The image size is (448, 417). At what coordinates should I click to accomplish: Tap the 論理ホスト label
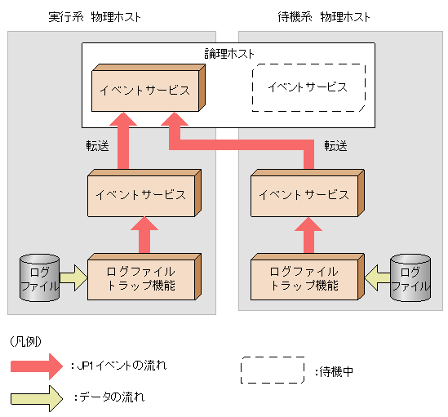229,53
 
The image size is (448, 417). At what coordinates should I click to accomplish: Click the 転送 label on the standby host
335,145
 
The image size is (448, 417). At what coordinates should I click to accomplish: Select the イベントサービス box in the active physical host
140,195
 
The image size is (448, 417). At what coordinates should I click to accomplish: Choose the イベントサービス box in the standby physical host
304,195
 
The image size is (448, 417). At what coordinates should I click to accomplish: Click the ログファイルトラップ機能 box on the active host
140,278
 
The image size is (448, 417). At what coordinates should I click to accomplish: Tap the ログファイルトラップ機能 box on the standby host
304,278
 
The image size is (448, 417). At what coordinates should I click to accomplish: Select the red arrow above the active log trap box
143,235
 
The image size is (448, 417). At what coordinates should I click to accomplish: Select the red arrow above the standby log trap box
308,235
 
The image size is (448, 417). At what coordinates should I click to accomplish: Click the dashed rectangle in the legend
273,370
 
